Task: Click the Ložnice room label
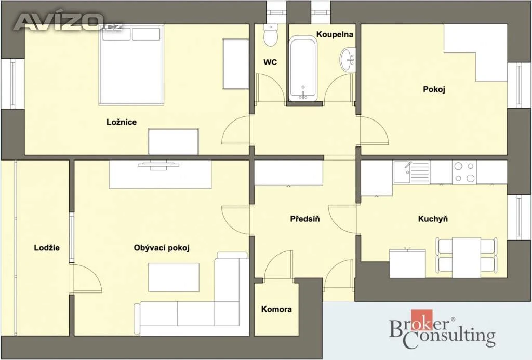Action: pyautogui.click(x=122, y=122)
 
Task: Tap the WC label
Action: pyautogui.click(x=270, y=62)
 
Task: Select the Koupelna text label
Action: pyautogui.click(x=335, y=34)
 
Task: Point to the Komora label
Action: pyautogui.click(x=276, y=309)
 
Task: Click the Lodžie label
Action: pyautogui.click(x=47, y=248)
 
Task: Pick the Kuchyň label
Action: pyautogui.click(x=433, y=219)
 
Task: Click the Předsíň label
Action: pyautogui.click(x=305, y=219)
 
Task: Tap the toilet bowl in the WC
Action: pyautogui.click(x=271, y=35)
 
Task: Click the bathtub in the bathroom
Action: pyautogui.click(x=303, y=69)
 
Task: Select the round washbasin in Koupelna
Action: pyautogui.click(x=348, y=60)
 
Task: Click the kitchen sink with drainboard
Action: pyautogui.click(x=411, y=172)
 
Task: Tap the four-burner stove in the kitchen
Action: pyautogui.click(x=464, y=172)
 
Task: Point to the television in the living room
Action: pyautogui.click(x=158, y=166)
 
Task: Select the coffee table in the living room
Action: pyautogui.click(x=174, y=277)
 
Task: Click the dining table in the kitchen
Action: pyautogui.click(x=467, y=257)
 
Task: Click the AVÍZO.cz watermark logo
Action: pyautogui.click(x=68, y=22)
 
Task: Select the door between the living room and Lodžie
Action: pyautogui.click(x=88, y=278)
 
